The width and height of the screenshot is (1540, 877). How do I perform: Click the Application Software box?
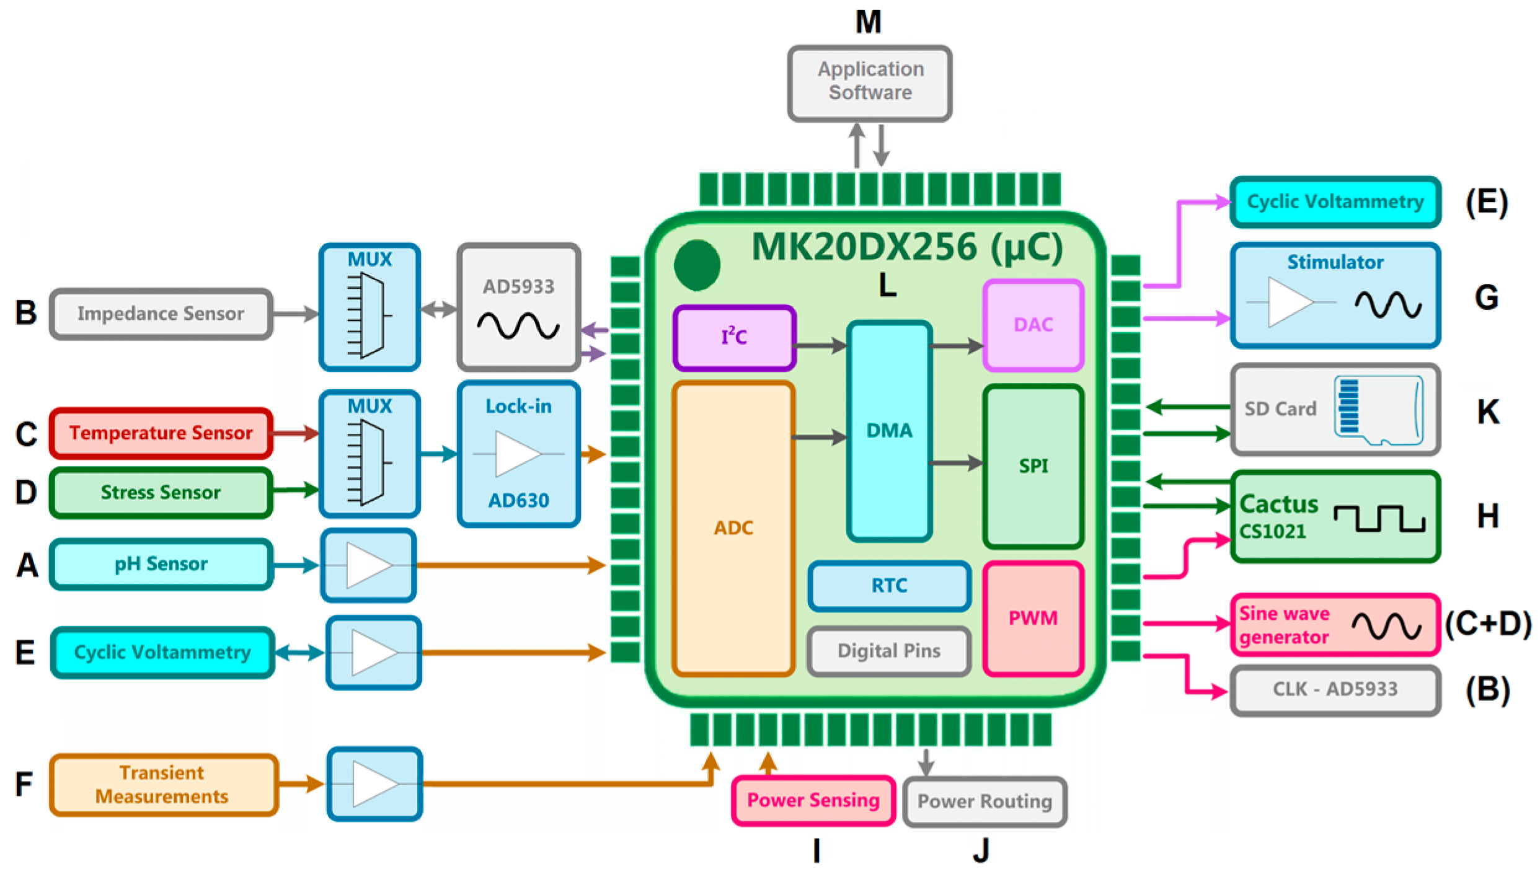click(869, 82)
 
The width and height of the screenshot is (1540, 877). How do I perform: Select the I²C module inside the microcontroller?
click(734, 338)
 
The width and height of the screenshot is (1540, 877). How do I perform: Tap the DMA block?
click(889, 430)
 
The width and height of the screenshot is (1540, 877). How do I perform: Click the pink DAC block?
click(1033, 325)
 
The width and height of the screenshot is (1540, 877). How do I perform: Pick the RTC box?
click(889, 586)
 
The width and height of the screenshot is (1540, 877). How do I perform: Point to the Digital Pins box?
click(889, 651)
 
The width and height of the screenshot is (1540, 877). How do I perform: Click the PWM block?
click(1033, 618)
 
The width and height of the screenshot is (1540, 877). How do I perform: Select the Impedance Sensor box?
click(161, 314)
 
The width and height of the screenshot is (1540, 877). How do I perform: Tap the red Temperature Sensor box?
click(161, 433)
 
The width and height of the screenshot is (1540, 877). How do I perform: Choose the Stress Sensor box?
click(161, 492)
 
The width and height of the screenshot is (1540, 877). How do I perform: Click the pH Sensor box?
click(161, 564)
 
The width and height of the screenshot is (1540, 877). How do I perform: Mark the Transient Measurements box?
click(162, 784)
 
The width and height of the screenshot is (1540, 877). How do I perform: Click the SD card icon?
click(1378, 410)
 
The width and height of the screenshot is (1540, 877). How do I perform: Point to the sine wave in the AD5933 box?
click(518, 325)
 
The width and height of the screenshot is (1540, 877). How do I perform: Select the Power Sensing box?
click(813, 800)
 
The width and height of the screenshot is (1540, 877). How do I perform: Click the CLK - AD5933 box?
click(1335, 689)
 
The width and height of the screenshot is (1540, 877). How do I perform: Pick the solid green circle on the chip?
click(697, 265)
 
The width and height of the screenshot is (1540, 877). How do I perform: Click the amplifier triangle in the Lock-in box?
click(516, 454)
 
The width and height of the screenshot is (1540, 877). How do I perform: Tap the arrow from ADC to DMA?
click(820, 438)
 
